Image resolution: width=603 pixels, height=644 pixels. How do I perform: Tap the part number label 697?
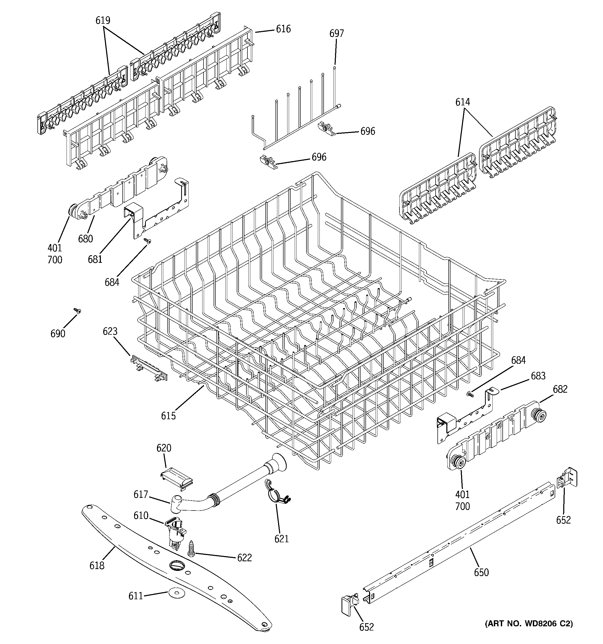point(336,33)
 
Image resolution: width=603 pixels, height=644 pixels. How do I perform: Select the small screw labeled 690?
point(77,311)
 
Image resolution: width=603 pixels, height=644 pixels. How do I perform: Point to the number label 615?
point(168,416)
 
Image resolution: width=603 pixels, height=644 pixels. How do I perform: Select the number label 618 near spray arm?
point(97,565)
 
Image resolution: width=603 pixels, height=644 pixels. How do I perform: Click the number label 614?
point(463,102)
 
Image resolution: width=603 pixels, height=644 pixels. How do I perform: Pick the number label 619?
point(103,20)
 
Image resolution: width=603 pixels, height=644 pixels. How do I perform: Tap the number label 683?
point(538,376)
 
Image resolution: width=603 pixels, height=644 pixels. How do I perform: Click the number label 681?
point(95,259)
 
